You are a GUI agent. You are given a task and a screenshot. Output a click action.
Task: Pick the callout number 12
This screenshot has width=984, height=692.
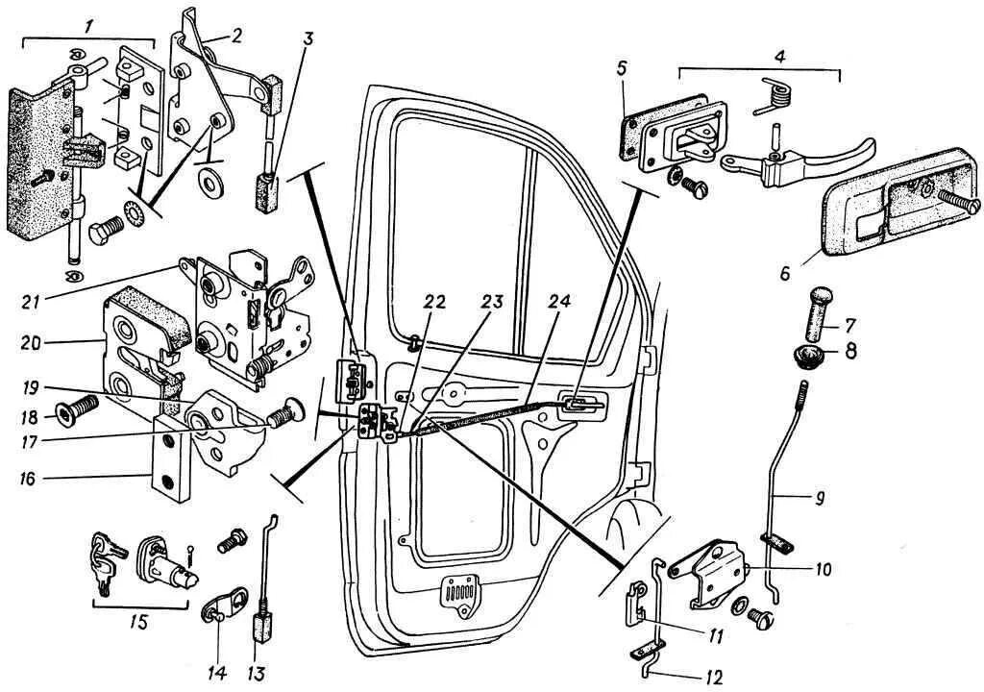(712, 678)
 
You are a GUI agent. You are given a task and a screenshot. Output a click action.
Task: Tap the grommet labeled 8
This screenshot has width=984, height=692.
(810, 358)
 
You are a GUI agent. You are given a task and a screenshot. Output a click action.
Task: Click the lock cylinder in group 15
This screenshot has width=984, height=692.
(168, 562)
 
